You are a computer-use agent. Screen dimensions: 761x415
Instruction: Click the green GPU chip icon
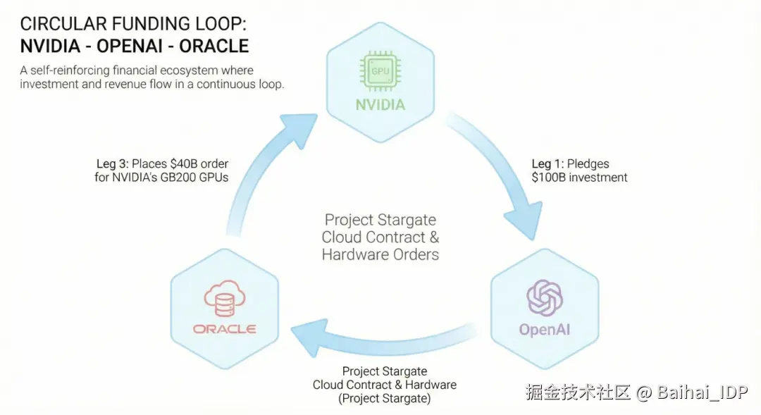coord(380,71)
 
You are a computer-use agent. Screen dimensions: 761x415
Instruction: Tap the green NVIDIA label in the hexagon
coord(380,105)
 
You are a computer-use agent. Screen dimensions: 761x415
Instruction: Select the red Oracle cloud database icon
coord(224,298)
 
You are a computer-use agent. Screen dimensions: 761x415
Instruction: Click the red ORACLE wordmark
coord(224,329)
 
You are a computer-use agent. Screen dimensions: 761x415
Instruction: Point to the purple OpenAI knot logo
coord(545,297)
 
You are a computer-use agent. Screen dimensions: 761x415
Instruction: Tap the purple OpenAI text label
coord(545,330)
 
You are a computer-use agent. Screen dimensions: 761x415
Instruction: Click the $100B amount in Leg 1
coord(549,178)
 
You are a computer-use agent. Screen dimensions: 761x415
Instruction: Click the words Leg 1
coord(547,164)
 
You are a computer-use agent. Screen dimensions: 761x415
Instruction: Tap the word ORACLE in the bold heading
coord(214,46)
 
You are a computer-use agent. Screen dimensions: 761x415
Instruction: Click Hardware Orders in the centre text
coord(380,254)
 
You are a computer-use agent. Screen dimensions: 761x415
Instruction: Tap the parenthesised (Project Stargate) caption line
coord(385,399)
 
